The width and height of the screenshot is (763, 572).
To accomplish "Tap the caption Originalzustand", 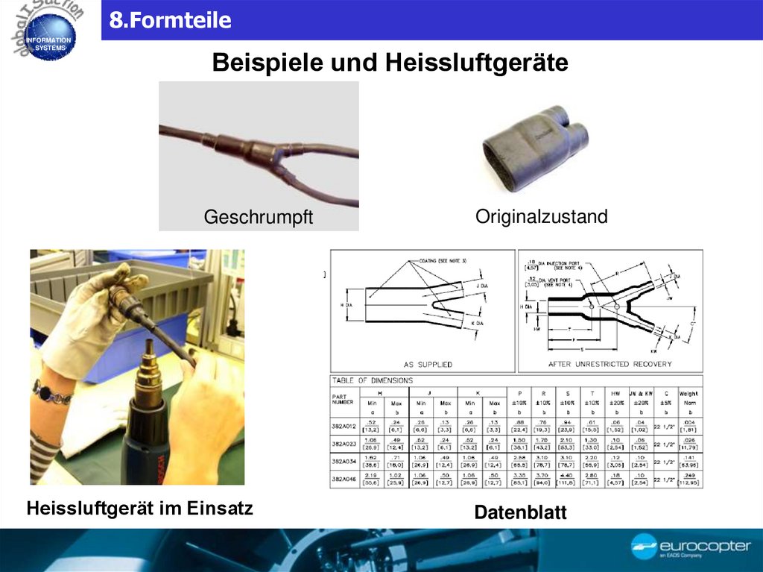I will coord(541,216).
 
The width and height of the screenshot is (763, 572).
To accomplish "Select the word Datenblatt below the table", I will coord(520,513).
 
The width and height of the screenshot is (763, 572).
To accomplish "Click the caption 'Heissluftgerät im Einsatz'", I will coord(139,509).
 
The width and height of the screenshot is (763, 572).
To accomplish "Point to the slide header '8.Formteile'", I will coord(170,20).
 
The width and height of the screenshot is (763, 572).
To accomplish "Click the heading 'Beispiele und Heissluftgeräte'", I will coord(390,62).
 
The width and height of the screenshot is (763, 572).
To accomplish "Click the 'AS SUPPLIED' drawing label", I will coord(428,365).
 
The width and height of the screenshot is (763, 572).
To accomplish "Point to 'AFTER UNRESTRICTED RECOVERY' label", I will coord(610,365).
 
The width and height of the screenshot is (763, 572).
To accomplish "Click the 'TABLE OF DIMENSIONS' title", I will coord(372,380).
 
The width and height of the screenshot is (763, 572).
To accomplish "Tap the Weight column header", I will coord(688,394).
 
